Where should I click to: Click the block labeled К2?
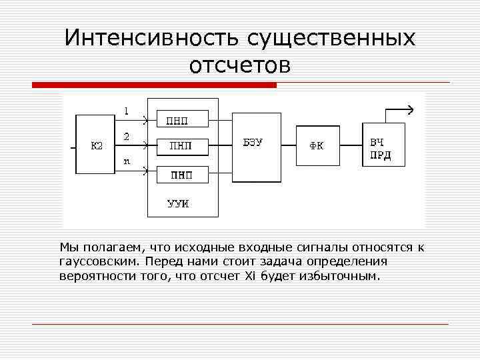click(97, 146)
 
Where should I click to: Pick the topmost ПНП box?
click(182, 119)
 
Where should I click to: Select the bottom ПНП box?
click(182, 174)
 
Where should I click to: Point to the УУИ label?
click(177, 203)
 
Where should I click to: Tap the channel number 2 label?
click(127, 136)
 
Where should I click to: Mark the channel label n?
click(127, 161)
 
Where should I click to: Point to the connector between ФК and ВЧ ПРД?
click(350, 145)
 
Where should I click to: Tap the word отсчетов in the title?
click(240, 65)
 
